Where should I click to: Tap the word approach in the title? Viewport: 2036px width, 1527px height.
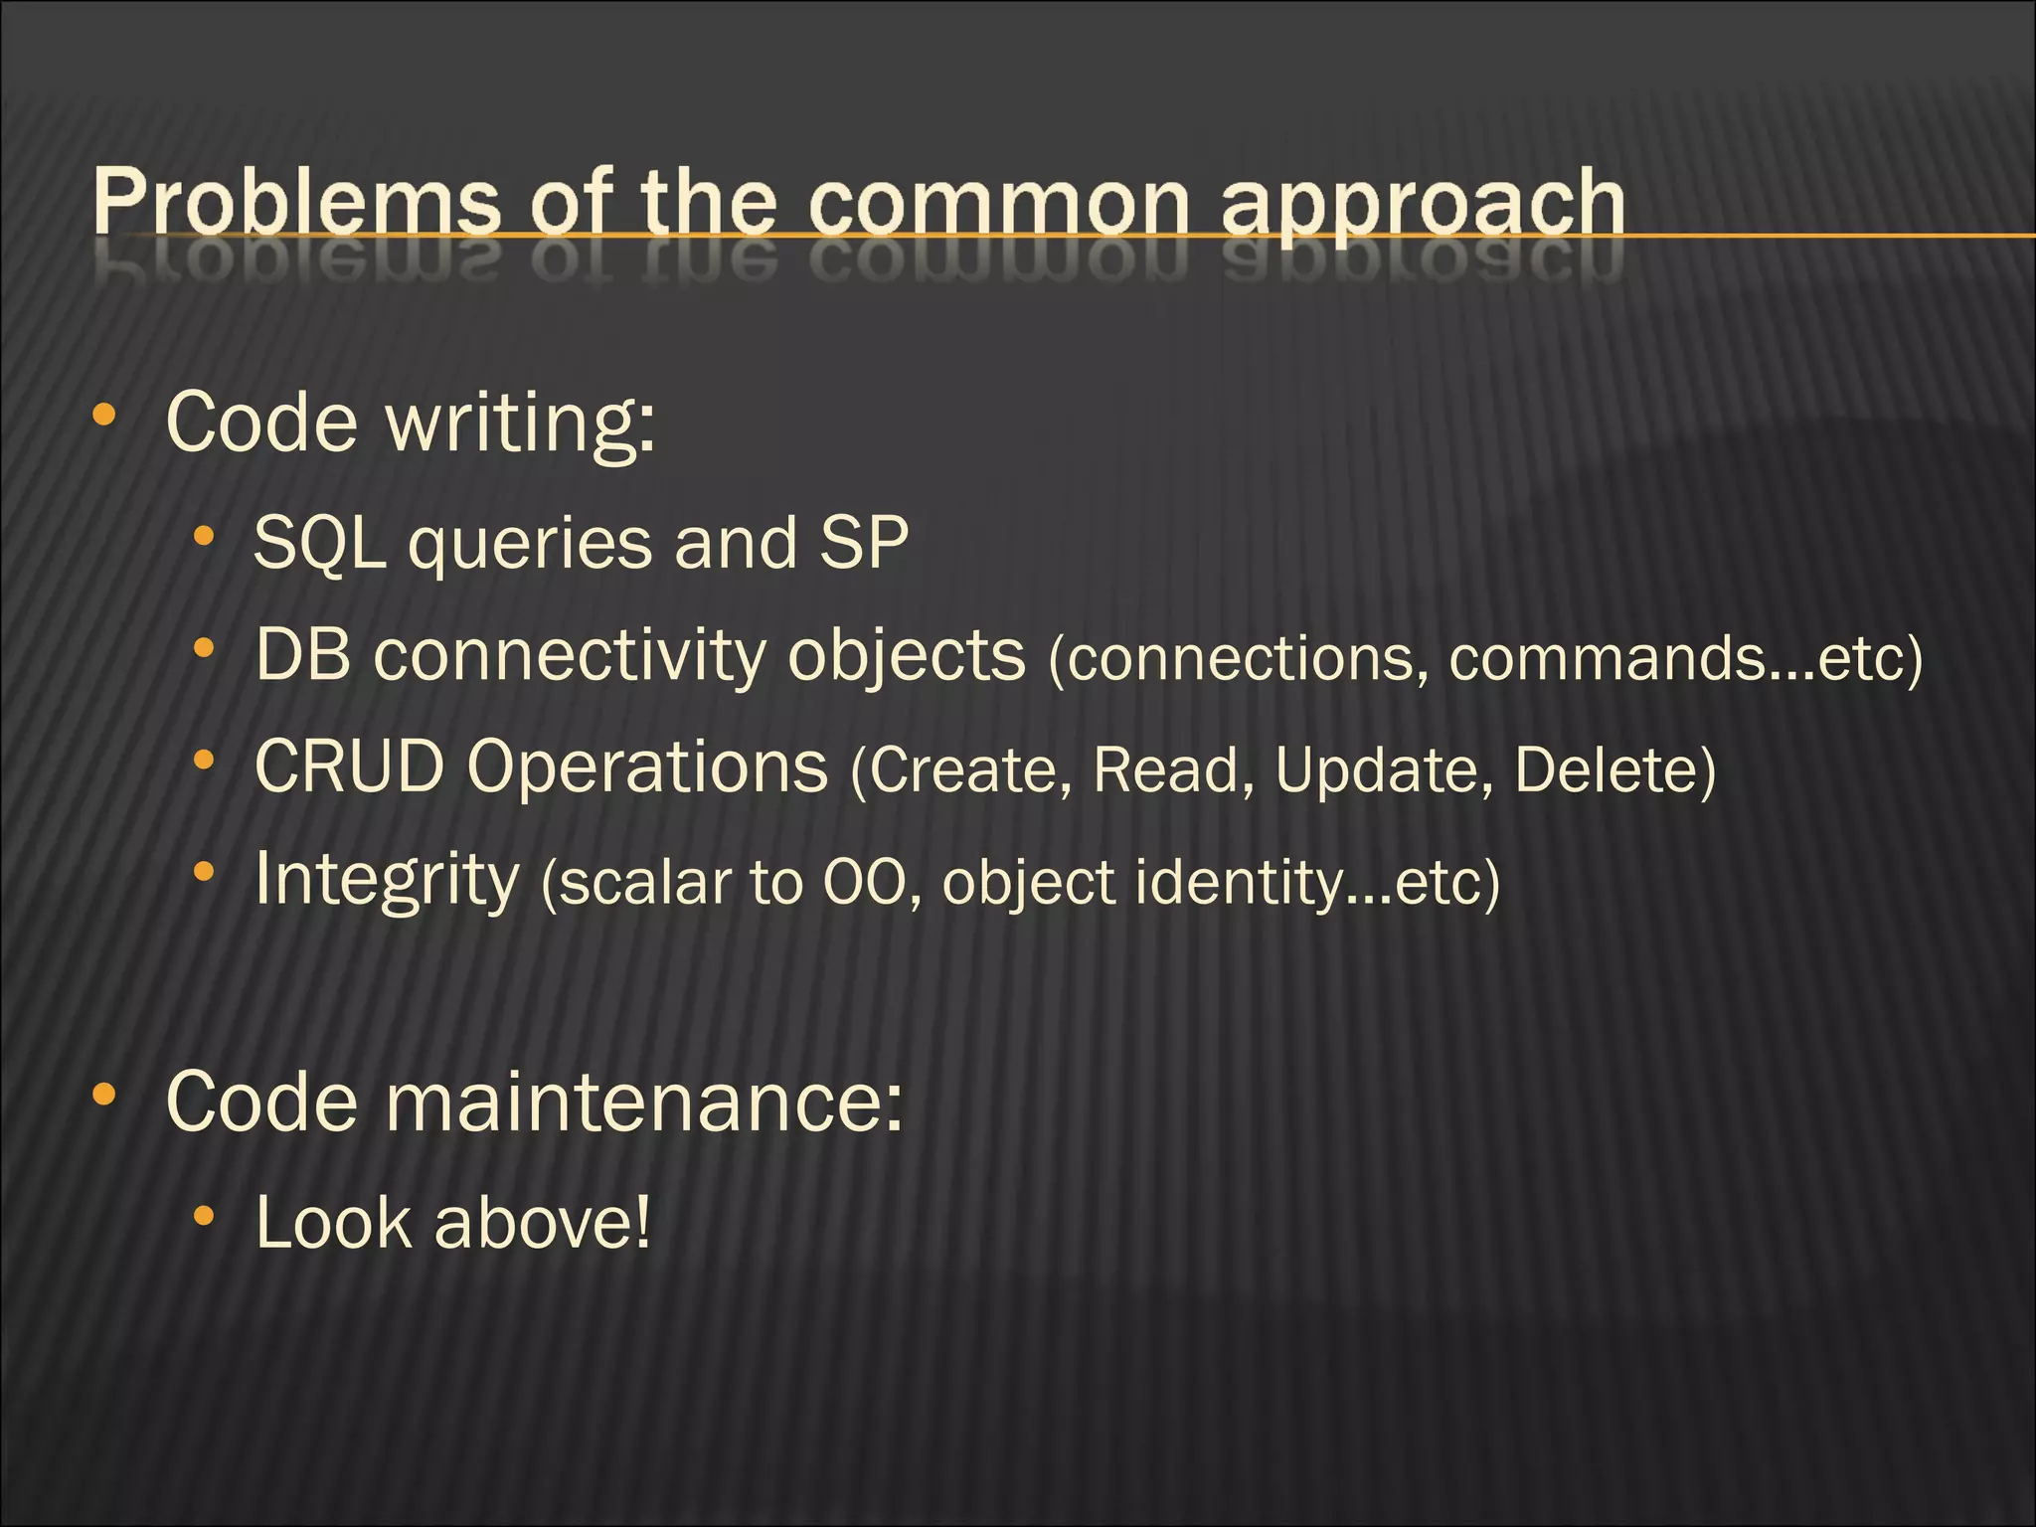(1422, 204)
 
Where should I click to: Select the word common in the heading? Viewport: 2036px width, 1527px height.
(998, 204)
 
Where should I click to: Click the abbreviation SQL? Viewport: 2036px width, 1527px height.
(319, 544)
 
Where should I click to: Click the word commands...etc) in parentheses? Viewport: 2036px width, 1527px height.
(1686, 658)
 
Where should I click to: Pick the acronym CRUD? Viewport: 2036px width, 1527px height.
(349, 766)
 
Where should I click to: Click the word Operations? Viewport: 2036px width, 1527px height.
(647, 768)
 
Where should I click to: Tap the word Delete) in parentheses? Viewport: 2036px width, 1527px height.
(1615, 770)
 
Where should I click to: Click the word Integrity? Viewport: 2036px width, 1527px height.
(387, 880)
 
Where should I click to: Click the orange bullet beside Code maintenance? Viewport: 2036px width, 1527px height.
(103, 1096)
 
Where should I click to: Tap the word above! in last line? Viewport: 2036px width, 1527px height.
(543, 1223)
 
